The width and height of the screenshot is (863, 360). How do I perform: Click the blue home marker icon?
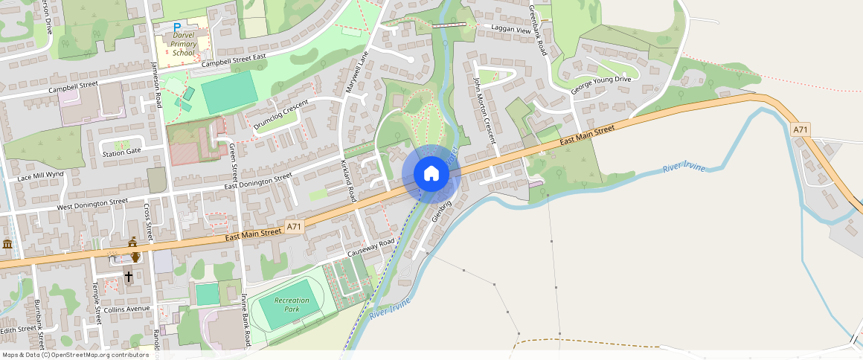click(x=431, y=174)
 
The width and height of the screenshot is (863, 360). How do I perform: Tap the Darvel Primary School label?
click(x=184, y=44)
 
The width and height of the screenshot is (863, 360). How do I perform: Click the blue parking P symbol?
click(x=177, y=27)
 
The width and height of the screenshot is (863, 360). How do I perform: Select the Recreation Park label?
click(x=292, y=304)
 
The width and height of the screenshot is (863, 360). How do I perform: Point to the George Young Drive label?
click(x=600, y=84)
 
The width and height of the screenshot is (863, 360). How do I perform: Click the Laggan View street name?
click(x=511, y=30)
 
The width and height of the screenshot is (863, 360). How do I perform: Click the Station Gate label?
click(x=122, y=152)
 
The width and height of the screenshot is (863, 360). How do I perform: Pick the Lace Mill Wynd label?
click(x=42, y=176)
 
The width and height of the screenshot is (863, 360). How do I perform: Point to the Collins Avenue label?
click(x=126, y=309)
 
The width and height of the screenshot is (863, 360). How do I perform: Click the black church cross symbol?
click(x=128, y=277)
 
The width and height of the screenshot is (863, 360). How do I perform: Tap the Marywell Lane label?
click(x=356, y=72)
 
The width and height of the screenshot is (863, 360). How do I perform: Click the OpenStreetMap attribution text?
click(x=76, y=355)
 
